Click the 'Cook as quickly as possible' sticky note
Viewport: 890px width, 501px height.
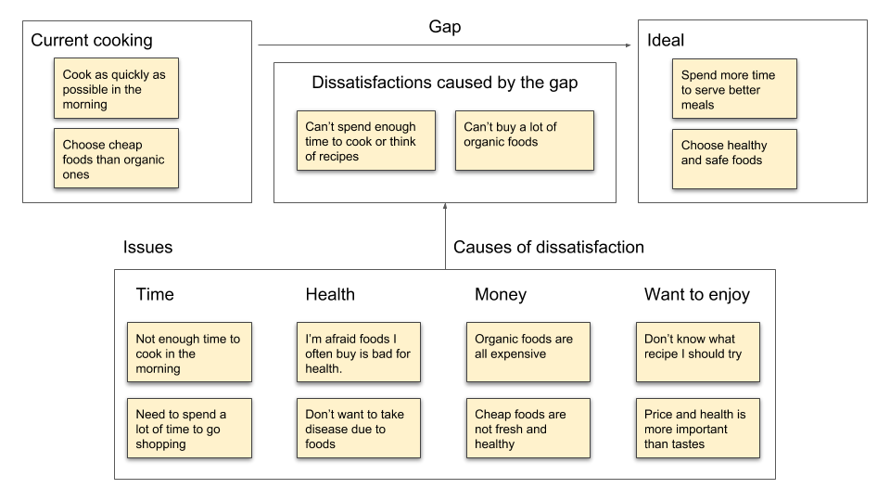coord(116,88)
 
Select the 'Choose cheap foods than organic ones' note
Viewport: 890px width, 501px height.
coord(116,159)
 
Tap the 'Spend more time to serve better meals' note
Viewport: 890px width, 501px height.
coord(734,89)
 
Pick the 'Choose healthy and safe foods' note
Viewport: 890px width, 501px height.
coord(734,159)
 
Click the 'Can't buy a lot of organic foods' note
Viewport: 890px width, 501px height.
coord(524,141)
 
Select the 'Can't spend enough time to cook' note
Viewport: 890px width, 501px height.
coord(368,141)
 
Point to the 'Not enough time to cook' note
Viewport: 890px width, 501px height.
coord(189,353)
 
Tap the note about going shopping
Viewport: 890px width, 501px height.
coord(189,428)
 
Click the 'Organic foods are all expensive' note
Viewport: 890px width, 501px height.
coord(528,353)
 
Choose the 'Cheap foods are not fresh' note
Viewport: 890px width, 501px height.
coord(528,428)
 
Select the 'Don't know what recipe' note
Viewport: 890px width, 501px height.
coord(698,353)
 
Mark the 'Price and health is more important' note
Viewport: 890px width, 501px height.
coord(698,428)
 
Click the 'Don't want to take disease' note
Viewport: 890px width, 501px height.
coord(358,428)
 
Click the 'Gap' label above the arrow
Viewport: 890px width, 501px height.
coord(445,28)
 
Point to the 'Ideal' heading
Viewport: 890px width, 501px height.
coord(666,41)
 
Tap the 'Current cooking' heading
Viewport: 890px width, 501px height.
coord(92,41)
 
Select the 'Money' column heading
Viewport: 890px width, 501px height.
coord(501,295)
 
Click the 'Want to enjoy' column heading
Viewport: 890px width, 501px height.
coord(696,295)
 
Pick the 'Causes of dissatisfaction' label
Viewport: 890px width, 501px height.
coord(548,248)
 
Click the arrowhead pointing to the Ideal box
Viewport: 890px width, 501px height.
coord(627,45)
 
